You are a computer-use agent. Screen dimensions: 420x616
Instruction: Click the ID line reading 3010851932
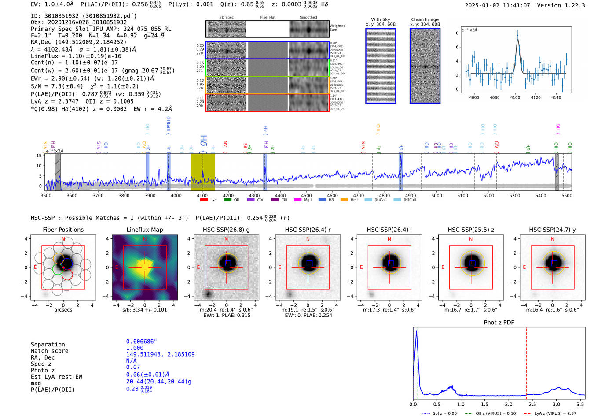coord(84,16)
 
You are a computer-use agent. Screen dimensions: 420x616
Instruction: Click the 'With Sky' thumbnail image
coord(381,66)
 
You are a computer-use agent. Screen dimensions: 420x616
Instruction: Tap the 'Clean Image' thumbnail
coord(425,66)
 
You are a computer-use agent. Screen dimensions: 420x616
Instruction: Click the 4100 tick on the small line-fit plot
coord(515,97)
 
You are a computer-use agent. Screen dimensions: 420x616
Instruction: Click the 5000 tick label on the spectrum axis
coord(436,195)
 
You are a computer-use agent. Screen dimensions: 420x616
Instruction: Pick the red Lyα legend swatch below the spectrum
coord(204,200)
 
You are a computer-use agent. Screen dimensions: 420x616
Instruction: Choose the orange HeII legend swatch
coord(344,200)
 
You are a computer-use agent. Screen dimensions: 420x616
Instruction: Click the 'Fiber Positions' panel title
coord(63,230)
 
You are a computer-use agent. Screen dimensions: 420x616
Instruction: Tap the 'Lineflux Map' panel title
coord(145,230)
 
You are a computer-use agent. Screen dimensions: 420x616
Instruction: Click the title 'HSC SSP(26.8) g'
coord(226,230)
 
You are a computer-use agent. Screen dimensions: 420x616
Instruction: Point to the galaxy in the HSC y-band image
coord(553,263)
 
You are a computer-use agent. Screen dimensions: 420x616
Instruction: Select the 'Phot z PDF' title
coord(499,323)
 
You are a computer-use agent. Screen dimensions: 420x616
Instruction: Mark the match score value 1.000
coord(135,348)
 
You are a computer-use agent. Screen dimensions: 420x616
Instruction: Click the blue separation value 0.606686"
coord(141,342)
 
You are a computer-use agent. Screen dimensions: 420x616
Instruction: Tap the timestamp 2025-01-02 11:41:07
coord(497,5)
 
